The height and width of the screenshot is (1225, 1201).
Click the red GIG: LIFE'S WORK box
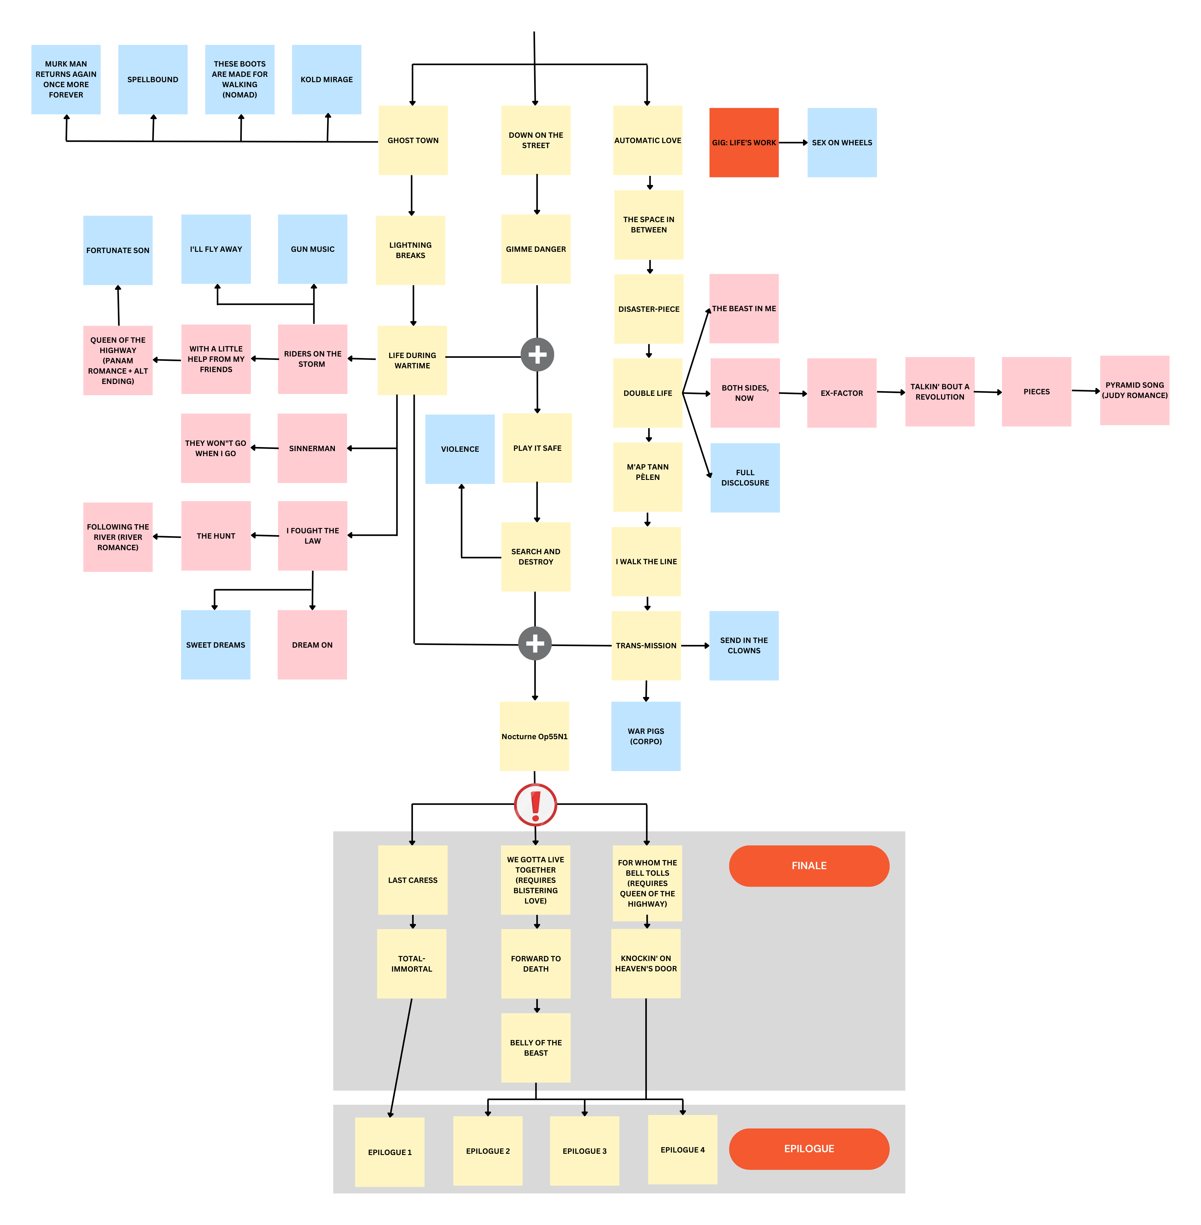tap(744, 142)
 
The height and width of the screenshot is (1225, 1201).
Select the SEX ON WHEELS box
tap(841, 142)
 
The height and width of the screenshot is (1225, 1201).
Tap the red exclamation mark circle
tap(535, 804)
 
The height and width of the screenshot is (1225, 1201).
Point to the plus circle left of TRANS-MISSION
tap(535, 643)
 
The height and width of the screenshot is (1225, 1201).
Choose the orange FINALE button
tap(809, 865)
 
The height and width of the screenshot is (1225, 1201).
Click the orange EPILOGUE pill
tap(809, 1149)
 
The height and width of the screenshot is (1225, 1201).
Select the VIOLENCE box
tap(460, 449)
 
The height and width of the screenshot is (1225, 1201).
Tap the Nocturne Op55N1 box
tap(534, 736)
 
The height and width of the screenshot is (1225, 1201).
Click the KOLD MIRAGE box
tap(327, 79)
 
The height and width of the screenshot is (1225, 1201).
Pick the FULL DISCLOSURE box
tap(745, 477)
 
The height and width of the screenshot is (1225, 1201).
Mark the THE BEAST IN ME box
tap(744, 308)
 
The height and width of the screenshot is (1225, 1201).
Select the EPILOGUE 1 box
tap(390, 1152)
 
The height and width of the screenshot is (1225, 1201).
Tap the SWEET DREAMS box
tap(216, 645)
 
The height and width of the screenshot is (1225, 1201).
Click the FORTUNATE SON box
tap(118, 251)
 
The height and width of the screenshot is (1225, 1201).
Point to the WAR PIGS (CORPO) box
tap(646, 736)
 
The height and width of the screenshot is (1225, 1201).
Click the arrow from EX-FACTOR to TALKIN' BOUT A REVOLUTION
tap(891, 392)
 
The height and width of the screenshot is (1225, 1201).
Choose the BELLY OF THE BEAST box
tap(535, 1048)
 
